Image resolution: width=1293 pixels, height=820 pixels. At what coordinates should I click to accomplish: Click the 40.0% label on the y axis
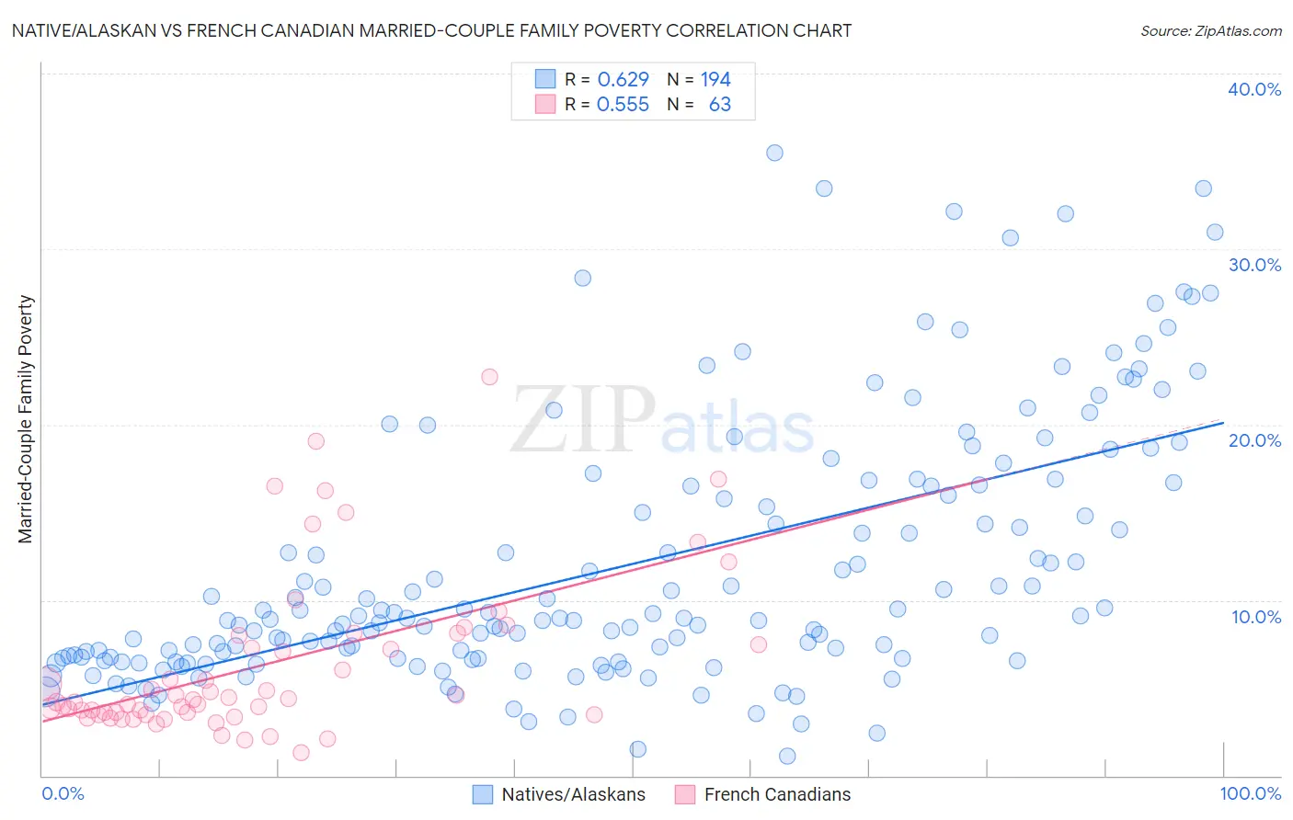pos(1254,89)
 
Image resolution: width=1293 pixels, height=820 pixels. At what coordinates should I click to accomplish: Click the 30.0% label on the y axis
pos(1254,265)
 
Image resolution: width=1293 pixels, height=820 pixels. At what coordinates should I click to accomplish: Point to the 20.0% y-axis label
pos(1254,440)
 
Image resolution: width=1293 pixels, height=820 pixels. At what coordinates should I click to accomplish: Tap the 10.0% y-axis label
pos(1256,617)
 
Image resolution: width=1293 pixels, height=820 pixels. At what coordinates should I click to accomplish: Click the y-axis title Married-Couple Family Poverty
pos(26,419)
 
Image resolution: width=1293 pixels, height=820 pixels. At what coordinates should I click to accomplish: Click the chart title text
pos(431,30)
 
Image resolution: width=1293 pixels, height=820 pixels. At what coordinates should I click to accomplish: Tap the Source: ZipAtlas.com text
pos(1210,30)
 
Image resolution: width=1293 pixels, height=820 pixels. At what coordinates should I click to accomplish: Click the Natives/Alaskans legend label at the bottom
pos(573,794)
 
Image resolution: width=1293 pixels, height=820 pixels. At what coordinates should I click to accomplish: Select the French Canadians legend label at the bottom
pos(777,794)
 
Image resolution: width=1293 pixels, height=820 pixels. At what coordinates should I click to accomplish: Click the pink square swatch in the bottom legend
pos(684,794)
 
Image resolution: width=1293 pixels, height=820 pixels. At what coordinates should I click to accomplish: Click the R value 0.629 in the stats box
pos(623,80)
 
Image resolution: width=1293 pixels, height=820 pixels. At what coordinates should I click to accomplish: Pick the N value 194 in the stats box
pos(715,80)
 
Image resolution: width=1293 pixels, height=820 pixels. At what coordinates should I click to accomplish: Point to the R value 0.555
pos(623,105)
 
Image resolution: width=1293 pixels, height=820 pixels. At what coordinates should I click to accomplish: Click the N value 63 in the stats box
pos(720,105)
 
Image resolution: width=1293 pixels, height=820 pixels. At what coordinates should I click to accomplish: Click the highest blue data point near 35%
pos(774,153)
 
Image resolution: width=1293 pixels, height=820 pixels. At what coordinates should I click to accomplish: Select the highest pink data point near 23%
pos(489,377)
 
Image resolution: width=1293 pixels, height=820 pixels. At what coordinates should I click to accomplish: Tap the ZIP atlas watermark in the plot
pos(662,421)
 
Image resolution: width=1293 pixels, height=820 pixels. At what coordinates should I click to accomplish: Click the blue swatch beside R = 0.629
pos(545,79)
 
